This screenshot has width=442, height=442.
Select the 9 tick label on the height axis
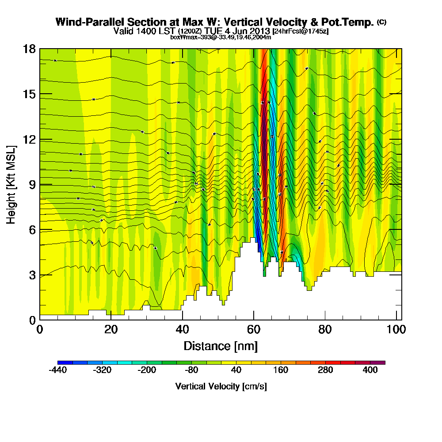pos(32,185)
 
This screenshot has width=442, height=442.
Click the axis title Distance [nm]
pos(221,346)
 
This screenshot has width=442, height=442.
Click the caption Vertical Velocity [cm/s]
pos(221,386)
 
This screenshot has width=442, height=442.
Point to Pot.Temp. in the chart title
pos(352,22)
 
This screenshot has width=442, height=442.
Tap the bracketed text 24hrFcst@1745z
pos(301,31)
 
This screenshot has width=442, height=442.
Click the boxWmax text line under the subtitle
pos(221,37)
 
